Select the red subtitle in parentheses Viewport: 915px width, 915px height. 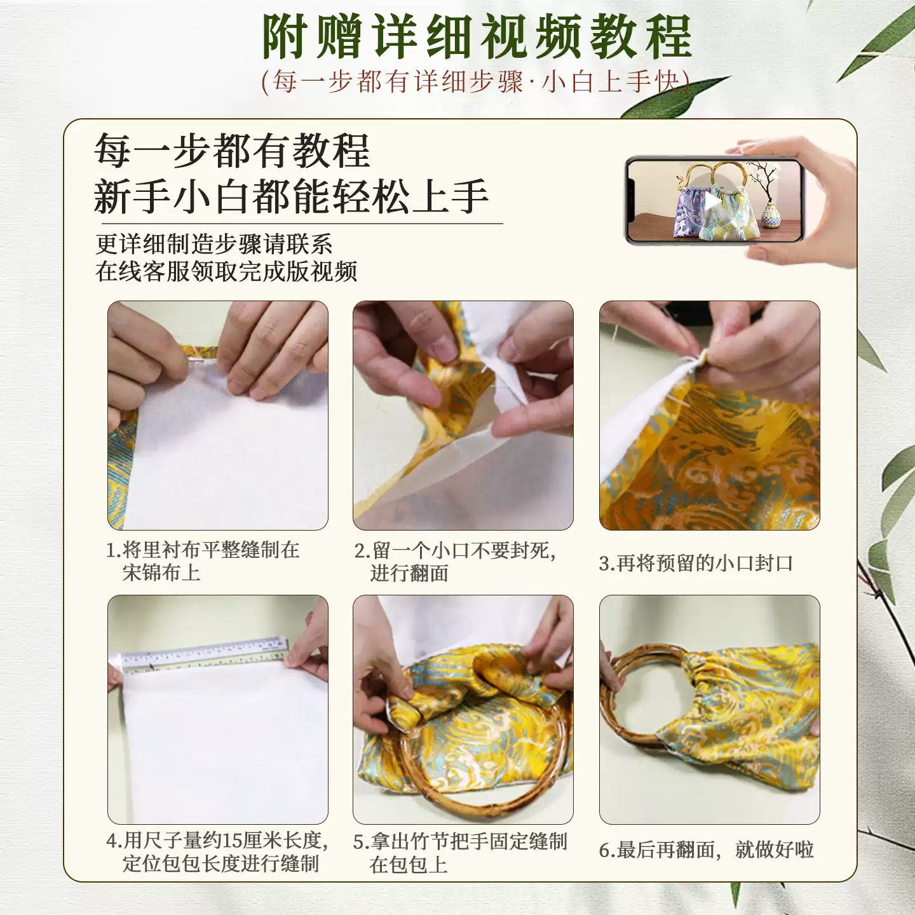point(475,82)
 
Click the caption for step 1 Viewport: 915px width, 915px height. point(203,561)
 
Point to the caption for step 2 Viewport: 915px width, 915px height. point(455,561)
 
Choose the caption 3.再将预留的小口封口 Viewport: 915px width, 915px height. point(696,563)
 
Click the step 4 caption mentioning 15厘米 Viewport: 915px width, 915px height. point(217,851)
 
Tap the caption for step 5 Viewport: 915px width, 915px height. point(460,852)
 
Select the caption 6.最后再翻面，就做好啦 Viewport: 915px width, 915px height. point(707,850)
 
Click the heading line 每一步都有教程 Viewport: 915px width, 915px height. point(233,151)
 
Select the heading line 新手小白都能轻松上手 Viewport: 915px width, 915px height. point(291,196)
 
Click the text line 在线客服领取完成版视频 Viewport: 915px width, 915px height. point(226,271)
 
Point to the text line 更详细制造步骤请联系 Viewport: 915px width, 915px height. point(213,244)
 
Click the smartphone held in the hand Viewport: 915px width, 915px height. point(714,201)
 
